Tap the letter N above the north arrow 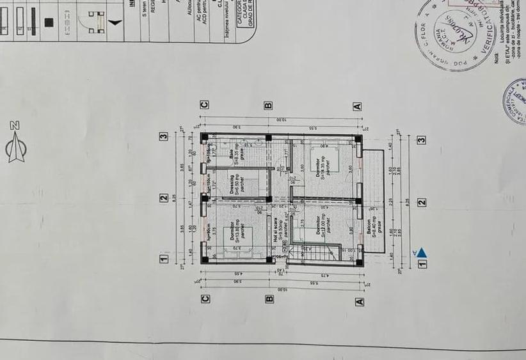(15, 125)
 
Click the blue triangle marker (422, 253)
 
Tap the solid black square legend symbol (49, 22)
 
